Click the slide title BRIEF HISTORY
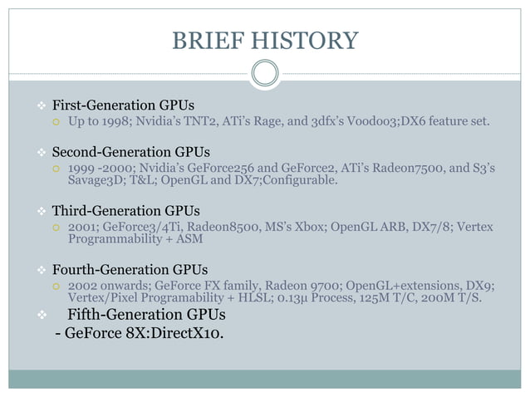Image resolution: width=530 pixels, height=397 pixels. pyautogui.click(x=264, y=40)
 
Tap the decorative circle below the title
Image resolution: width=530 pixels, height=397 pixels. pyautogui.click(x=264, y=73)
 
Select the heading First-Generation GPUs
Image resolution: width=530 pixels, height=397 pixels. pyautogui.click(x=123, y=106)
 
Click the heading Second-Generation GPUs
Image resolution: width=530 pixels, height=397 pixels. pyautogui.click(x=130, y=152)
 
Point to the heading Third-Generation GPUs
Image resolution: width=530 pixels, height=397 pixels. pyautogui.click(x=125, y=211)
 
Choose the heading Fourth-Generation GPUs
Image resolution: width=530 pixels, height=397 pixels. pyautogui.click(x=130, y=270)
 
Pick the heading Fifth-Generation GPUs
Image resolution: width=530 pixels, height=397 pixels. pyautogui.click(x=145, y=315)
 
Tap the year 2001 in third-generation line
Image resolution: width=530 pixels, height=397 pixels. pyautogui.click(x=82, y=228)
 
